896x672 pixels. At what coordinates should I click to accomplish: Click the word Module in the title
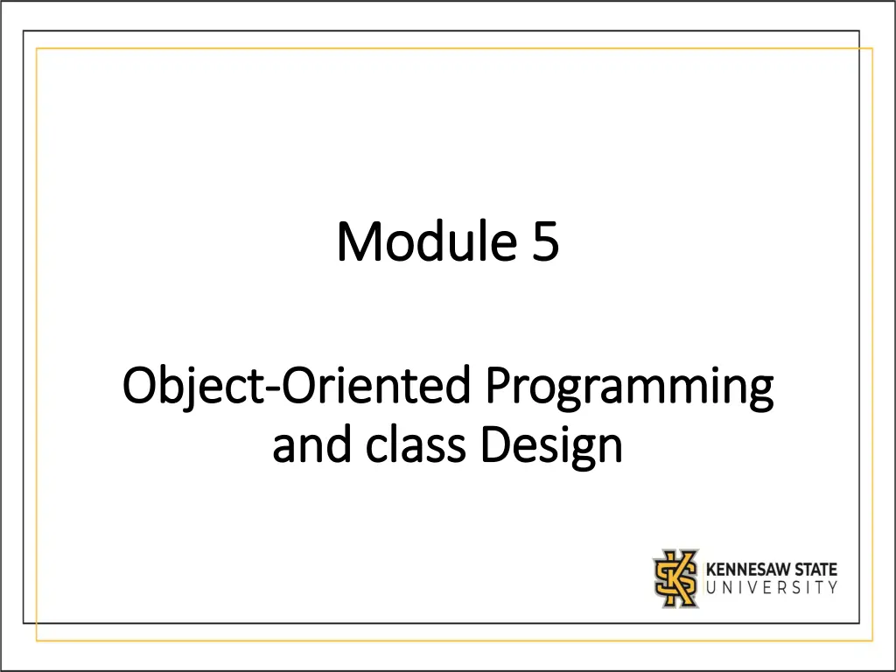coord(426,241)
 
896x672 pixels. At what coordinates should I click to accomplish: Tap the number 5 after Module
coord(546,242)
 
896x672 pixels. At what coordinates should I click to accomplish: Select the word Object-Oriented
coord(297,387)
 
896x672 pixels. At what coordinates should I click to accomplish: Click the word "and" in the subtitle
coord(311,445)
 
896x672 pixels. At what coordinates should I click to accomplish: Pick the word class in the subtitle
coord(416,445)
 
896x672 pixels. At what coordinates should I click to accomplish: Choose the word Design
coord(551,448)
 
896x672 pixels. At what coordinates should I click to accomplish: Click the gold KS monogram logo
coord(676,578)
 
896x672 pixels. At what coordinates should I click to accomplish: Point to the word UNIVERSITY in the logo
coord(772,587)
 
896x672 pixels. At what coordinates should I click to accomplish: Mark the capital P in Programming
coord(499,387)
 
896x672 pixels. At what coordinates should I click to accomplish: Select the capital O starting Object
coord(140,387)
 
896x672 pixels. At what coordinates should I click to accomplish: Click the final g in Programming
coord(760,395)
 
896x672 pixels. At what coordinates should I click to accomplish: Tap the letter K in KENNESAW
coord(711,569)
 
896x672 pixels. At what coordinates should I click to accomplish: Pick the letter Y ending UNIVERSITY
coord(833,587)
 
